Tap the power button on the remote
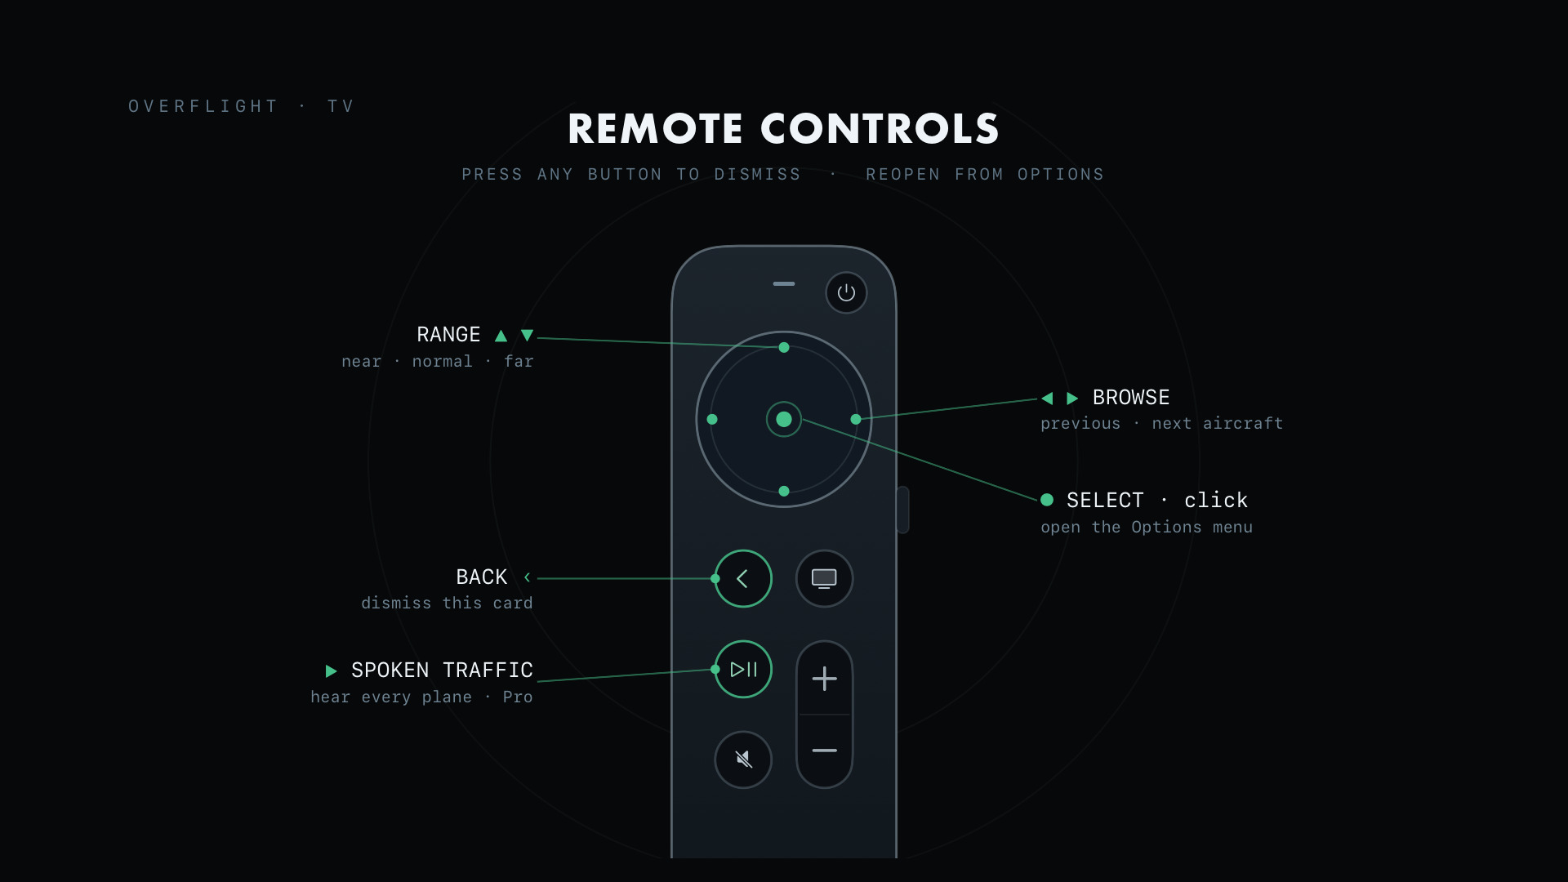[846, 292]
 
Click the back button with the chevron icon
[743, 578]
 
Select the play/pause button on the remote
[743, 669]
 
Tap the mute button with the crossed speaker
[743, 759]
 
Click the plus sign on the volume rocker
[825, 679]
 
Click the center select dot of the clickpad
[784, 419]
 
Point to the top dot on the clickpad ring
[784, 347]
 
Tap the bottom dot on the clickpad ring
[784, 491]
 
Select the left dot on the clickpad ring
[712, 419]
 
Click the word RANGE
[448, 335]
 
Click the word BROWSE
[1131, 398]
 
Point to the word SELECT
[1105, 500]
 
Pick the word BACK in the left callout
[482, 577]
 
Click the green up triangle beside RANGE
[501, 336]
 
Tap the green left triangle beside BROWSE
[1047, 398]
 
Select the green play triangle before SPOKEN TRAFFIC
[331, 671]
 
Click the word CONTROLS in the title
[880, 129]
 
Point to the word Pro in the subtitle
[518, 697]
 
